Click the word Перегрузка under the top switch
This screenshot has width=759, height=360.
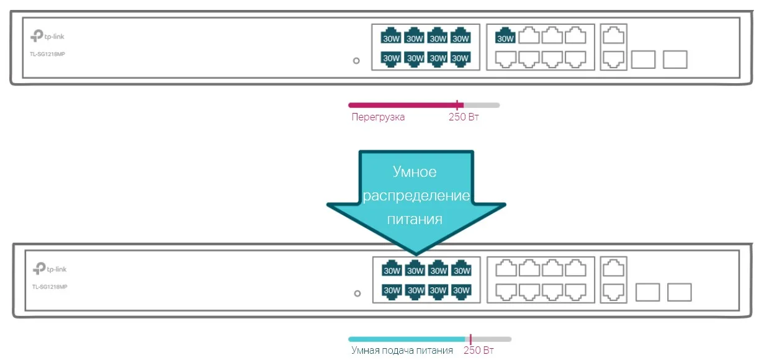(x=378, y=117)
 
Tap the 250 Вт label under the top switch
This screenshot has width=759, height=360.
(x=464, y=117)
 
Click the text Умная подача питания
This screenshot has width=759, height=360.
(x=402, y=351)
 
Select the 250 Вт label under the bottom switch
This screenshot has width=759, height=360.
(x=478, y=351)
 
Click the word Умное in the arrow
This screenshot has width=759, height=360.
(x=415, y=172)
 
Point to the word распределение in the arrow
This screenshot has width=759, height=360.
(x=416, y=196)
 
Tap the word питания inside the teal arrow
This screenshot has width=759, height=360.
(x=415, y=219)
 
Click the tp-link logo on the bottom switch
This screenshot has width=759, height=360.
(x=50, y=269)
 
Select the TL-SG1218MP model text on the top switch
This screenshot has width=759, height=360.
(x=48, y=54)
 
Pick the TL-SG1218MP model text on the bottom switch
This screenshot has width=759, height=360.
(x=49, y=286)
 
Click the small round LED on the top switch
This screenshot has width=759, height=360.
(x=356, y=61)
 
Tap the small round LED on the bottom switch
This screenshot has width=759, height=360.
(x=357, y=293)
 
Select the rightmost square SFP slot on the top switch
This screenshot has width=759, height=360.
(x=675, y=60)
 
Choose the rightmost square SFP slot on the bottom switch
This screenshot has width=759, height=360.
(x=679, y=292)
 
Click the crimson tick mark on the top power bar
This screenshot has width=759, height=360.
(x=457, y=105)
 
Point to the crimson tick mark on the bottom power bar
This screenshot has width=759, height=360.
(x=470, y=339)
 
